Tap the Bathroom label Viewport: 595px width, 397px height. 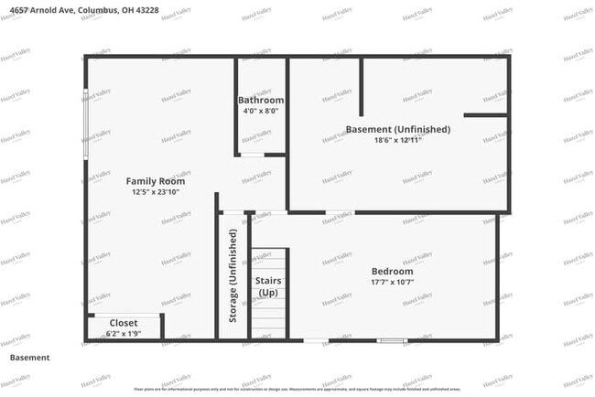click(261, 100)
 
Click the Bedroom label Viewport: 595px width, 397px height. click(392, 272)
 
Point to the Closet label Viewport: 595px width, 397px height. click(124, 323)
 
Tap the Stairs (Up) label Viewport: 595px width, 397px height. click(267, 286)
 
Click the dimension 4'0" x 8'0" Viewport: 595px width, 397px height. click(261, 111)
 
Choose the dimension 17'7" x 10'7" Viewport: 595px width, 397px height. click(392, 283)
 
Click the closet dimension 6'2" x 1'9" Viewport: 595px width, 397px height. click(124, 334)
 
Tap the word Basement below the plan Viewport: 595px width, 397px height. click(29, 358)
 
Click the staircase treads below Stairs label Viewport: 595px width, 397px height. click(270, 320)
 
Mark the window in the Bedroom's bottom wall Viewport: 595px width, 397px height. click(392, 341)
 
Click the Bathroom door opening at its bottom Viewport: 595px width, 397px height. click(252, 156)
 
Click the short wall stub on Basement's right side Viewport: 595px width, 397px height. click(485, 115)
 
